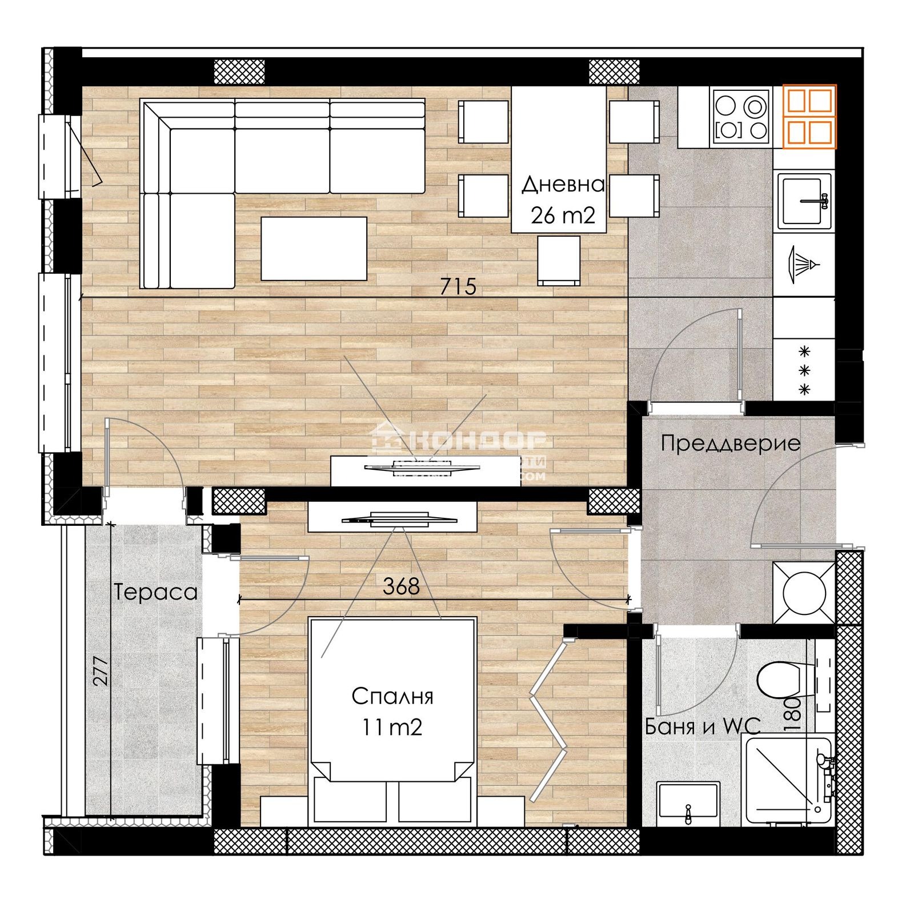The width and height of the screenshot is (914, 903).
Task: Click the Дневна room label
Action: (x=562, y=185)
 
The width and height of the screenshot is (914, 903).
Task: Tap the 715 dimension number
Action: (x=458, y=286)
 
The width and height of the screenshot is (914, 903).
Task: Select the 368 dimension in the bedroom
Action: (x=401, y=586)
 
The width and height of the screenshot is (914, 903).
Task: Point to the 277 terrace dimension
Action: (x=101, y=670)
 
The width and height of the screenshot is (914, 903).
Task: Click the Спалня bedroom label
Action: (x=392, y=696)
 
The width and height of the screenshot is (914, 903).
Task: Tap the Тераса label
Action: (x=155, y=592)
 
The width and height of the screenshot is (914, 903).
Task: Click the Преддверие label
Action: (x=730, y=443)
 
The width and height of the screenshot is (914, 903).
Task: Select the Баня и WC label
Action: (x=702, y=726)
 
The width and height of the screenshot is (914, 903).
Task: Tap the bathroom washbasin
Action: (x=687, y=802)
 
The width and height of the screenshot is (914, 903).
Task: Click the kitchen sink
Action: (x=803, y=201)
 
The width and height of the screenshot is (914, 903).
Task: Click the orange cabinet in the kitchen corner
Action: (x=809, y=117)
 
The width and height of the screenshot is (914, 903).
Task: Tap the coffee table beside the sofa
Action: (x=314, y=249)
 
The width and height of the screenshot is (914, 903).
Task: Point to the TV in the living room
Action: (x=422, y=468)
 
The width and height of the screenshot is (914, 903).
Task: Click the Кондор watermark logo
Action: (x=460, y=442)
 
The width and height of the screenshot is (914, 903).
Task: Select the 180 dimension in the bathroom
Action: (x=792, y=714)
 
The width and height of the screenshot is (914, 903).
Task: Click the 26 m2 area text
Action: (x=562, y=215)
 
